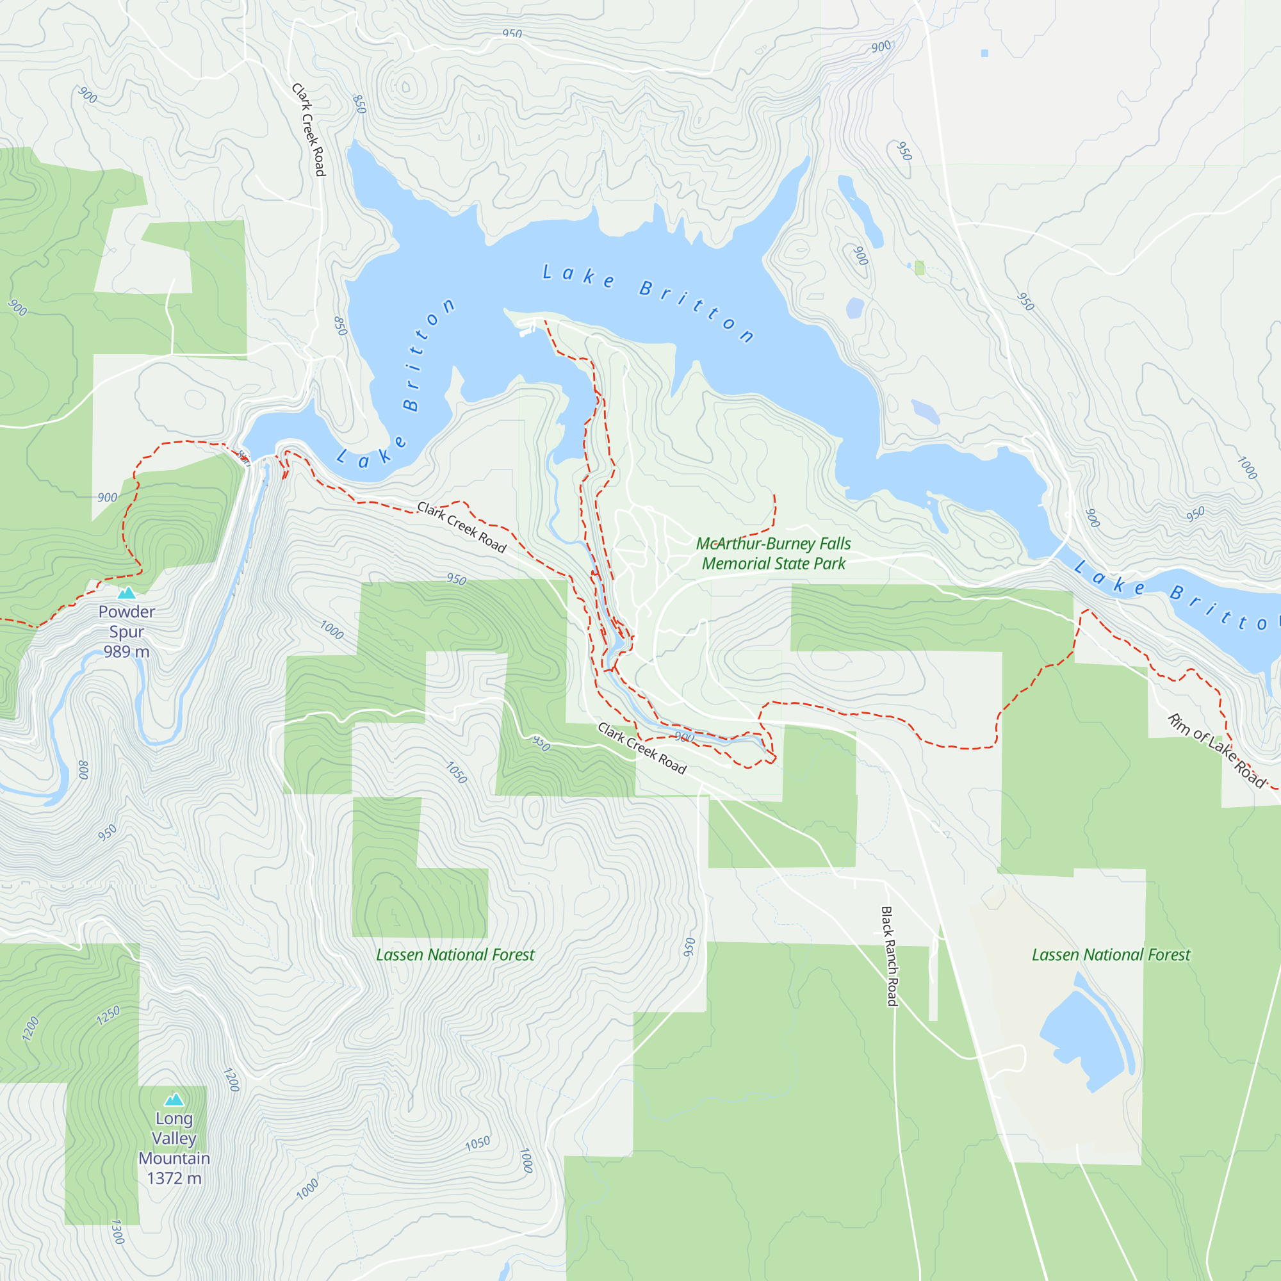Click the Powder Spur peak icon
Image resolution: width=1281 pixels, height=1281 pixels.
tap(127, 592)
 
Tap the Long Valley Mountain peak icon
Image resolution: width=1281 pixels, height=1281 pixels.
tap(174, 1100)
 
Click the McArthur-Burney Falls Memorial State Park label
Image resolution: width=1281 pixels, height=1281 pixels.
tap(773, 553)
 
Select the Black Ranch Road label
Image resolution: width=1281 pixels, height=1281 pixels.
tap(888, 956)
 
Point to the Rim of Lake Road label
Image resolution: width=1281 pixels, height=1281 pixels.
tap(1217, 750)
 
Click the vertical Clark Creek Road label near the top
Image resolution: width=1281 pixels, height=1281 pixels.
tap(309, 130)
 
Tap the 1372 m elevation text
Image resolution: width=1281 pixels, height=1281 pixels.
tap(174, 1179)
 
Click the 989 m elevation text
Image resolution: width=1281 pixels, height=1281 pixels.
tap(127, 652)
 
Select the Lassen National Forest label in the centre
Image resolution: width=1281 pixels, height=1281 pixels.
tap(455, 955)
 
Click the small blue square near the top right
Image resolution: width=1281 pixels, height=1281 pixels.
tap(984, 53)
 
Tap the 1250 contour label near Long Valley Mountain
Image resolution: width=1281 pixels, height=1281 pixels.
tap(108, 1015)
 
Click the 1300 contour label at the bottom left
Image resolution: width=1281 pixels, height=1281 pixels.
tap(117, 1232)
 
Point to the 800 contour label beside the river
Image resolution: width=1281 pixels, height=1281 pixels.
tap(83, 770)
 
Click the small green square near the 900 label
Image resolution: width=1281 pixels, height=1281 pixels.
tap(920, 268)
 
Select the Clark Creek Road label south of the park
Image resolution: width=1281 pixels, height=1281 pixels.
tap(642, 748)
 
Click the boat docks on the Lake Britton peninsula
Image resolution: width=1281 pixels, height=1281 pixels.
tap(528, 327)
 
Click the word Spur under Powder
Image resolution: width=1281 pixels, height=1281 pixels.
tap(127, 632)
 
